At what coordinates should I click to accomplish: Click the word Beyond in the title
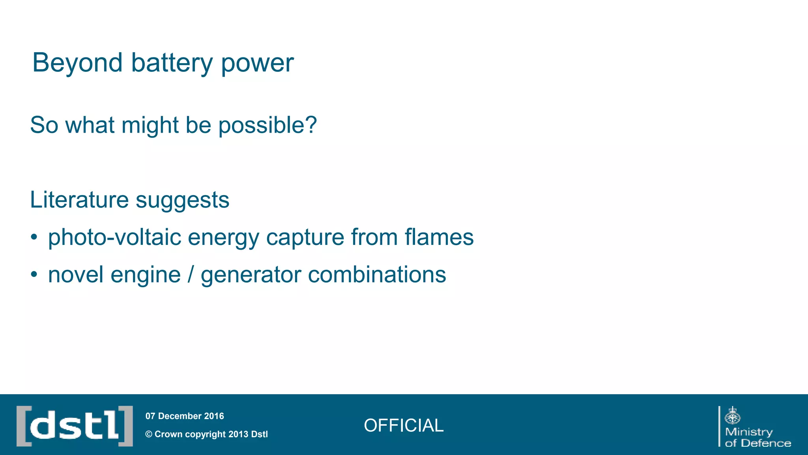pyautogui.click(x=77, y=63)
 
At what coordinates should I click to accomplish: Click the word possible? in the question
pyautogui.click(x=267, y=126)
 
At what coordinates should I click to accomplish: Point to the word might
pyautogui.click(x=150, y=126)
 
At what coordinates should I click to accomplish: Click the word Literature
pyautogui.click(x=79, y=200)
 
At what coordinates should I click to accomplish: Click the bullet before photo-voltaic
pyautogui.click(x=34, y=237)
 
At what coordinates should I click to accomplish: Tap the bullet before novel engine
pyautogui.click(x=34, y=275)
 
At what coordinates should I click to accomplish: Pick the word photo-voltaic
pyautogui.click(x=114, y=238)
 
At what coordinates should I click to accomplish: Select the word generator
pyautogui.click(x=251, y=275)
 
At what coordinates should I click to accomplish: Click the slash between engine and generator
pyautogui.click(x=191, y=275)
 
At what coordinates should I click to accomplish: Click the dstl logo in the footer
pyautogui.click(x=75, y=426)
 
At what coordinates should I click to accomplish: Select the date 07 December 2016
pyautogui.click(x=185, y=416)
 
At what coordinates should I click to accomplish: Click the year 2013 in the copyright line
pyautogui.click(x=238, y=434)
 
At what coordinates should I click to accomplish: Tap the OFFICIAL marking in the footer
pyautogui.click(x=404, y=425)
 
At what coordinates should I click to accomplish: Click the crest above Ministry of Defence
pyautogui.click(x=732, y=416)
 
